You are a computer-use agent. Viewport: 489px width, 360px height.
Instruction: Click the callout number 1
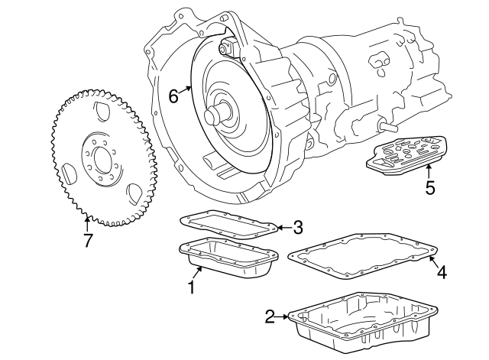(x=192, y=287)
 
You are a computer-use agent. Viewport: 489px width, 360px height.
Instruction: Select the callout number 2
(x=270, y=316)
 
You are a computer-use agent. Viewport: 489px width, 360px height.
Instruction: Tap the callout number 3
(x=298, y=227)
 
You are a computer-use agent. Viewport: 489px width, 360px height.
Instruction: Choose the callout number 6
(x=173, y=96)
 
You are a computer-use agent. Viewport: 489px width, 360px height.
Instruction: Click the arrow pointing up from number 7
(x=87, y=224)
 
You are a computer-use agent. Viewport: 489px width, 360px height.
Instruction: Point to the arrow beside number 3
(x=283, y=227)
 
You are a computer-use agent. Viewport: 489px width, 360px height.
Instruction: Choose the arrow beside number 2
(x=283, y=316)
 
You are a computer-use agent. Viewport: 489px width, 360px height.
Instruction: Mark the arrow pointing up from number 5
(x=429, y=171)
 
